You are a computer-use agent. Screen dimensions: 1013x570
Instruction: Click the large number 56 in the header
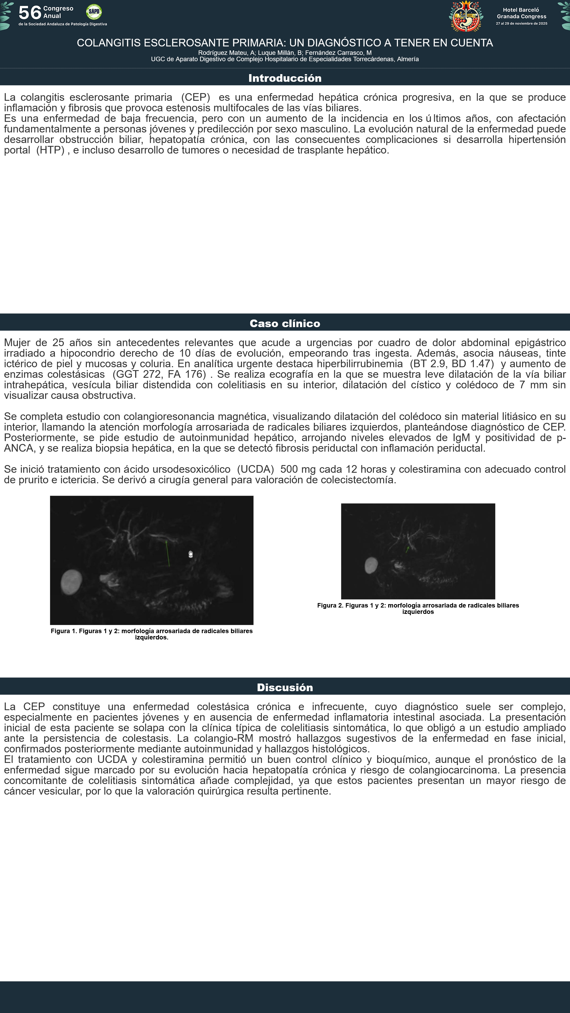[x=30, y=13]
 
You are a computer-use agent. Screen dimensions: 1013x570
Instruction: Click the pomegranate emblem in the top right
[x=466, y=16]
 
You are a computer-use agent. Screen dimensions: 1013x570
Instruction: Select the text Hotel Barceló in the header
[x=521, y=10]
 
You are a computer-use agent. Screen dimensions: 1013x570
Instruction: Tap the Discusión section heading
[x=285, y=687]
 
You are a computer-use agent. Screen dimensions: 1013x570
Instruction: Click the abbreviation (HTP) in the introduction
[x=50, y=150]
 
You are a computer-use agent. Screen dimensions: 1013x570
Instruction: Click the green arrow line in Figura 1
[x=168, y=554]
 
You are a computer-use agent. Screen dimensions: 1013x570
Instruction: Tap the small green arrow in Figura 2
[x=407, y=549]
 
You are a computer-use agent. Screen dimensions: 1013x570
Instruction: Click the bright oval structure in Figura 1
[x=71, y=582]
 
